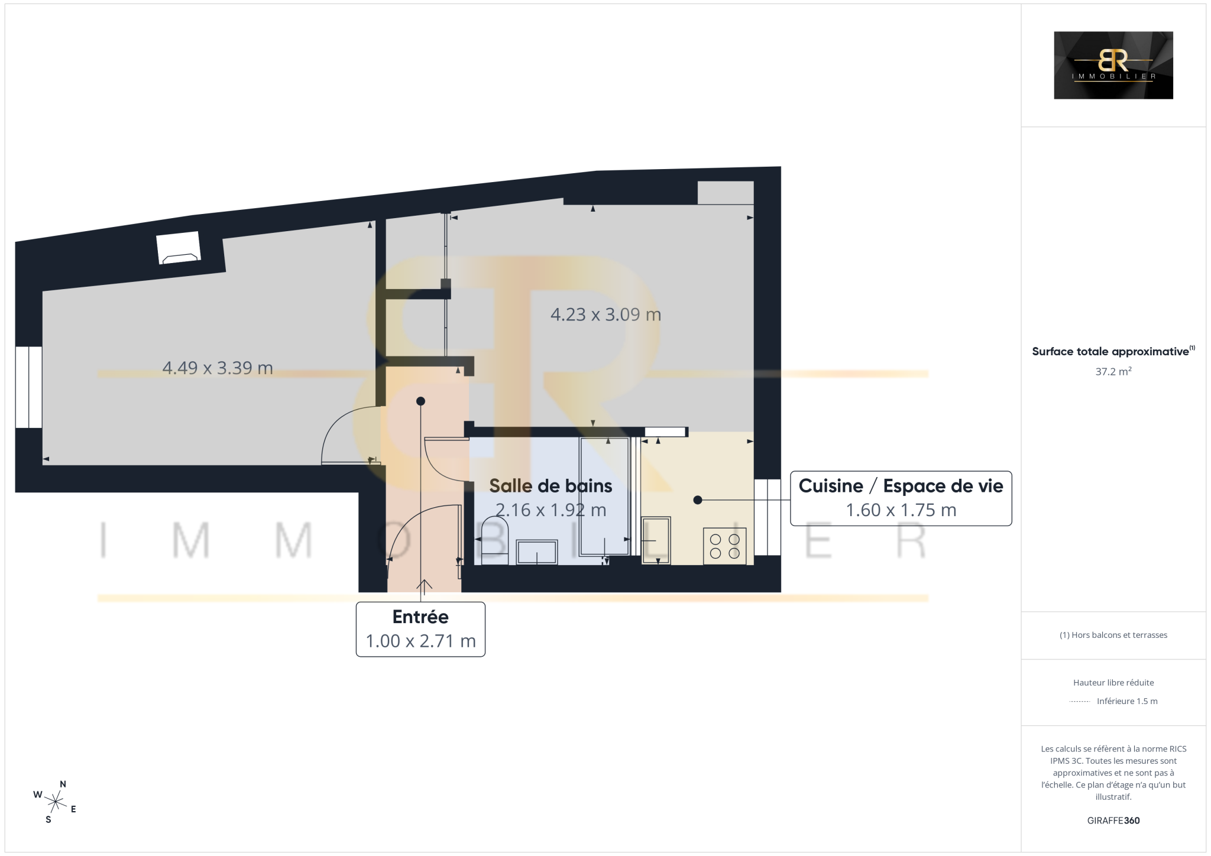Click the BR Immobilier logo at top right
tap(1113, 65)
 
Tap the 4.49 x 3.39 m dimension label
tap(218, 368)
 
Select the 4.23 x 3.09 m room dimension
tap(605, 314)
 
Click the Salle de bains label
tap(551, 486)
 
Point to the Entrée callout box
tap(420, 629)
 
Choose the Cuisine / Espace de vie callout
tap(901, 498)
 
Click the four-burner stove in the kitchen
tap(724, 546)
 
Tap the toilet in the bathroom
tap(495, 540)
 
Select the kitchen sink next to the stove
tap(656, 540)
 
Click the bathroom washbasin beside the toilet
tap(537, 552)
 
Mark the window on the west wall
tap(28, 387)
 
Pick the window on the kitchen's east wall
tap(768, 517)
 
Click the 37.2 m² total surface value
tap(1113, 371)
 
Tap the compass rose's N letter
tap(63, 784)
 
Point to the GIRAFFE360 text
tap(1113, 821)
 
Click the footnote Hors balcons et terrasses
tap(1113, 635)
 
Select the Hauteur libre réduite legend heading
tap(1113, 682)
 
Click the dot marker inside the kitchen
tap(698, 500)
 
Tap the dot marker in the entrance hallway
tap(420, 401)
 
